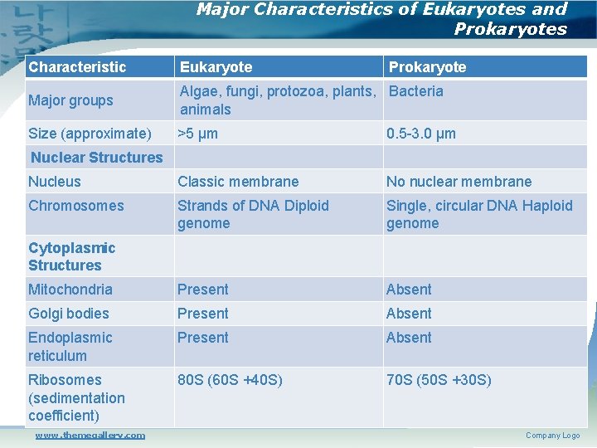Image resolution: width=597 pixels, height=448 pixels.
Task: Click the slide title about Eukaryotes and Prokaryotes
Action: click(x=381, y=19)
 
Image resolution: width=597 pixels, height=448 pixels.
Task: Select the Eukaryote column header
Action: click(x=216, y=67)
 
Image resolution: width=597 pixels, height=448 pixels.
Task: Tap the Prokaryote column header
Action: click(x=427, y=67)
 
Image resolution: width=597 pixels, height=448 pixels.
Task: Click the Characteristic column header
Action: click(x=77, y=67)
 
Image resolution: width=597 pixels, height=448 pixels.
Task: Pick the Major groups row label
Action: click(x=70, y=100)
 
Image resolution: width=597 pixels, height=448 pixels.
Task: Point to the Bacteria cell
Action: click(x=415, y=91)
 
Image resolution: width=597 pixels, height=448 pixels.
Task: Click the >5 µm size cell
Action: click(x=198, y=134)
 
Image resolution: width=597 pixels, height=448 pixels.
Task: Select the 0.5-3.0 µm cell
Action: click(x=421, y=134)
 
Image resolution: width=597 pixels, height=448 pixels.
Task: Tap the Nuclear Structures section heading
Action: click(x=96, y=158)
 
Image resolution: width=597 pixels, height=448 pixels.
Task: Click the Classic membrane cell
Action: click(x=238, y=182)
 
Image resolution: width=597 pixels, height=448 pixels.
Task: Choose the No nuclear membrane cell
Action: click(x=459, y=182)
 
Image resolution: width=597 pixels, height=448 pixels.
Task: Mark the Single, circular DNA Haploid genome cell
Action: click(x=479, y=214)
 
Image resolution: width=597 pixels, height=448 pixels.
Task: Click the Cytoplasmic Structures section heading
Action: click(x=71, y=256)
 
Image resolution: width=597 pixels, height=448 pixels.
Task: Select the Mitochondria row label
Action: click(x=70, y=290)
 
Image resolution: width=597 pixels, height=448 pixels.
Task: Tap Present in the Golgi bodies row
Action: click(x=202, y=314)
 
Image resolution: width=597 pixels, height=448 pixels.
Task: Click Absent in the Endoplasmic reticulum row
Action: click(x=409, y=338)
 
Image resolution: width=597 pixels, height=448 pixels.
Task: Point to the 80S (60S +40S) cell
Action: click(x=230, y=380)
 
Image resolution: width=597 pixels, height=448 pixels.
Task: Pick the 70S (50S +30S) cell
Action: click(x=439, y=380)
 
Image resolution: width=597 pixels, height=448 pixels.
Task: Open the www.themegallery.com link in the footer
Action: click(x=90, y=435)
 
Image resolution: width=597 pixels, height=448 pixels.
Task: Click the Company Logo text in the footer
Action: click(x=552, y=436)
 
